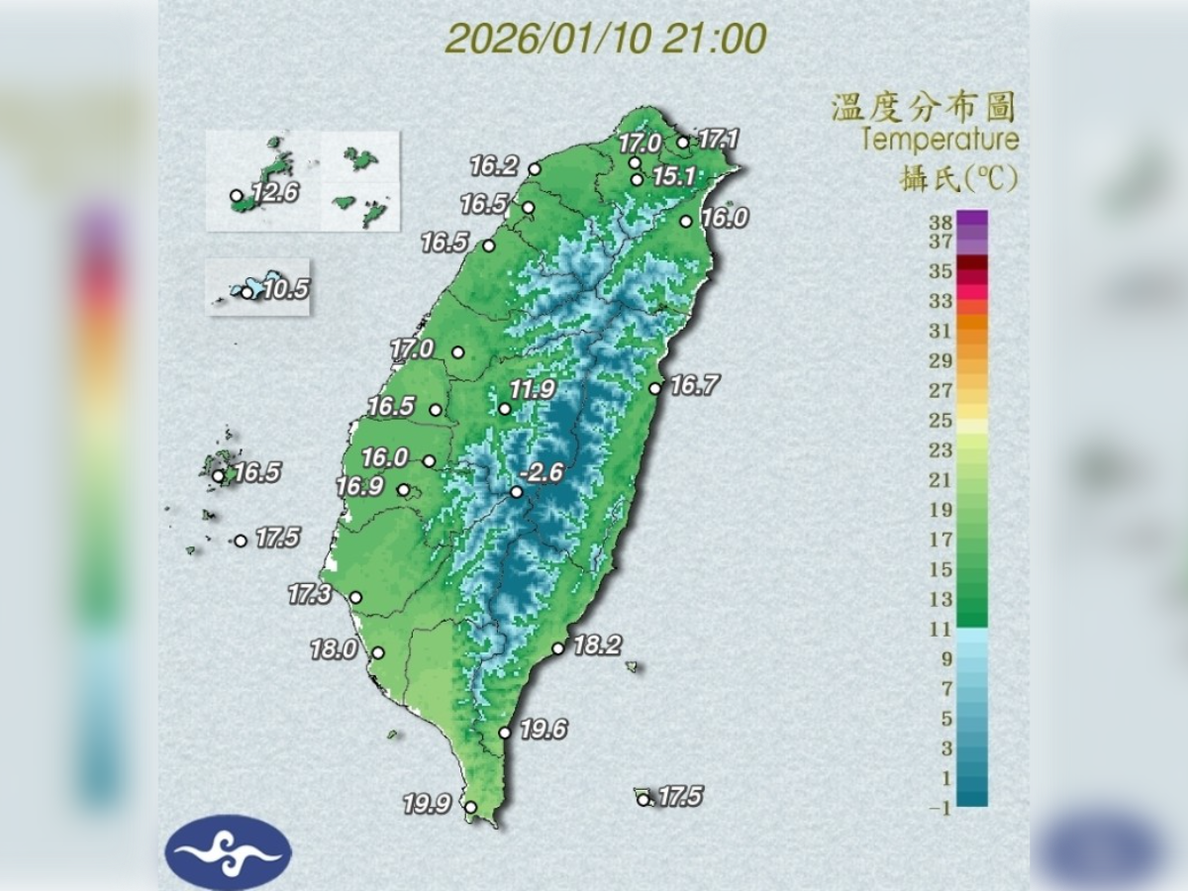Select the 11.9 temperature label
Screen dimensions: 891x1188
[x=533, y=389]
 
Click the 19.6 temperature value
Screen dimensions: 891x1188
[x=544, y=731]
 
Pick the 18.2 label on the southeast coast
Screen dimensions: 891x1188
[x=597, y=646]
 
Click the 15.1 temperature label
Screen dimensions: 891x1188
[x=674, y=177]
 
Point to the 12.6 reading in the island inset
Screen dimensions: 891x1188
[x=274, y=193]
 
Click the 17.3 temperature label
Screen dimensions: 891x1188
[x=309, y=595]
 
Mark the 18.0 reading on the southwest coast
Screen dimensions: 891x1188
[x=334, y=650]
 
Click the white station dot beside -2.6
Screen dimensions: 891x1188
[x=516, y=492]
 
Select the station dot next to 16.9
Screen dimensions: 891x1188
[x=404, y=489]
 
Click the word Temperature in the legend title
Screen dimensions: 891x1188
[x=939, y=139]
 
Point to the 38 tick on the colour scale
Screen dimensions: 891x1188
[x=940, y=222]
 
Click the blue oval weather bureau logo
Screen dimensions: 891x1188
[x=229, y=851]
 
